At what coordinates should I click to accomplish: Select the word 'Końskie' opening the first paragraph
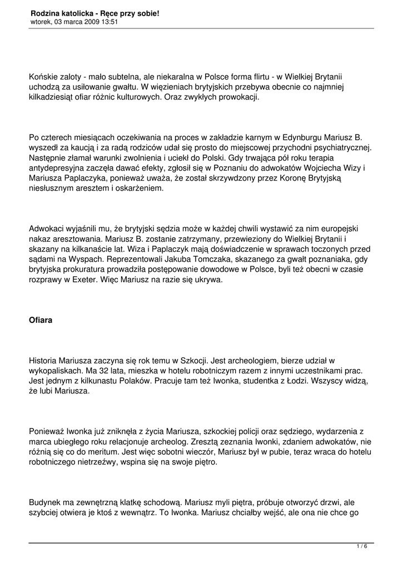pos(43,77)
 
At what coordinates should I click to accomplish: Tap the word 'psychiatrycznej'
pos(342,148)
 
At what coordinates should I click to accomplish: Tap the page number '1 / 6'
pos(362,547)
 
